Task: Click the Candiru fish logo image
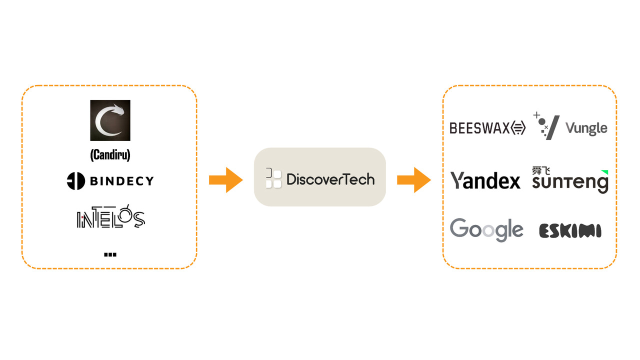coord(110,120)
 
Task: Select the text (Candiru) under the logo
coord(110,155)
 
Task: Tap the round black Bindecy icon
coord(75,181)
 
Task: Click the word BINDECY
coord(122,181)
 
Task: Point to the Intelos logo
coord(111,216)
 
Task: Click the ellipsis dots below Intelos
coord(110,254)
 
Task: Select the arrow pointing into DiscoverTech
coord(226,180)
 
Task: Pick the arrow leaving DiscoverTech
coord(414,180)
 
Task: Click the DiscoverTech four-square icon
coord(273,178)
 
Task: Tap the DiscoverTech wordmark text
coord(330,179)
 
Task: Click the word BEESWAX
coord(479,128)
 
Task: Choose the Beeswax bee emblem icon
coord(518,127)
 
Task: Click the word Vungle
coord(586,128)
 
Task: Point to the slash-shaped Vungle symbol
coord(553,127)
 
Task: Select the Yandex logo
coord(485,180)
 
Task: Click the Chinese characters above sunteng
coord(541,171)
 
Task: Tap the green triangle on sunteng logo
coord(605,172)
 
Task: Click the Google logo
coord(486,230)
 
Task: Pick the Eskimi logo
coord(570,231)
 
